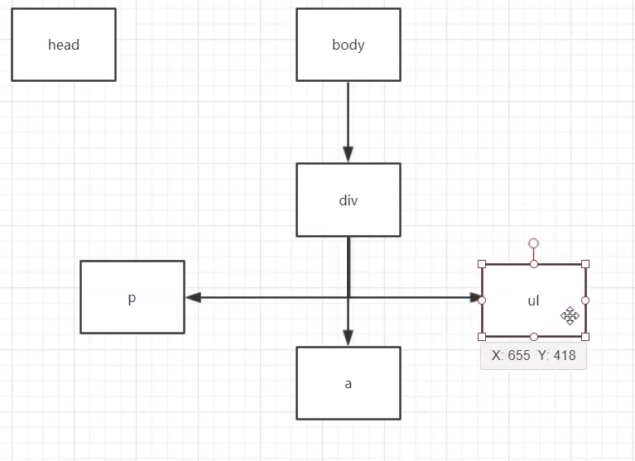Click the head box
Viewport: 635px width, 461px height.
tap(64, 45)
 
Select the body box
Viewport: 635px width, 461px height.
tap(348, 45)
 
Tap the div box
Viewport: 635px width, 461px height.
tap(348, 199)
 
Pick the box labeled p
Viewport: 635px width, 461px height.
tap(132, 297)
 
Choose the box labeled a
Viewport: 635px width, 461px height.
tap(348, 383)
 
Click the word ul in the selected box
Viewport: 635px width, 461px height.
tap(533, 300)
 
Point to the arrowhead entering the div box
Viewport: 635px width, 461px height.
tap(348, 154)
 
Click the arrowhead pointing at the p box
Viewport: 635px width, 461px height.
tap(193, 297)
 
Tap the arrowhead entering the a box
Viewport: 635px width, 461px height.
tap(348, 338)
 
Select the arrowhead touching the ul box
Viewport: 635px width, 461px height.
tap(474, 297)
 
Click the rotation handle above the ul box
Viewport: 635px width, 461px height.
tap(534, 243)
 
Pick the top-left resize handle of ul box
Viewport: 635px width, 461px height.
tap(482, 264)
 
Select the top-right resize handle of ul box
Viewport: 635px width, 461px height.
tap(585, 264)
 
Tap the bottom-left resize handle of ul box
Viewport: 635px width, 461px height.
tap(482, 337)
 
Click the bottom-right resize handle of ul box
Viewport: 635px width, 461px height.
tap(585, 337)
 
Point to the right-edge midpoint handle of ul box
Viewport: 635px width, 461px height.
tap(585, 300)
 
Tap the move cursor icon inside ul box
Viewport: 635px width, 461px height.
tap(570, 315)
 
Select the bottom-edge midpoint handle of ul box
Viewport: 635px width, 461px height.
tap(534, 337)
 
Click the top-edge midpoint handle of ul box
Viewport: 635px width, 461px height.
tap(534, 264)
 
